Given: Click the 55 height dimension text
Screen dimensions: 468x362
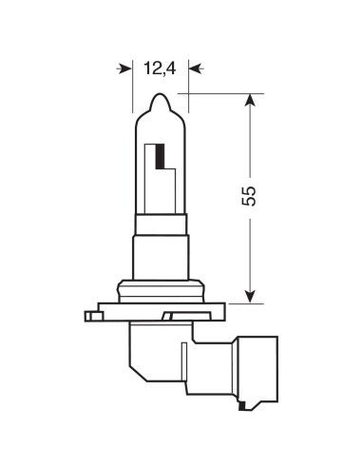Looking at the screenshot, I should tap(250, 197).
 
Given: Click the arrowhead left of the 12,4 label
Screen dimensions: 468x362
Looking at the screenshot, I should tap(124, 68).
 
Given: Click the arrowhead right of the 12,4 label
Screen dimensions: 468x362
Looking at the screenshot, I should tap(195, 68).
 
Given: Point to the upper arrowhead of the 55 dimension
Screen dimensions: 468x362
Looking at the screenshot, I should tap(250, 101).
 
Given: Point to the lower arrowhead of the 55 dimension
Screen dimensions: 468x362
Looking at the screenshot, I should tap(250, 295).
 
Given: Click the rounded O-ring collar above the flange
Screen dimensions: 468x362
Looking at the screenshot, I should tap(160, 288).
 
